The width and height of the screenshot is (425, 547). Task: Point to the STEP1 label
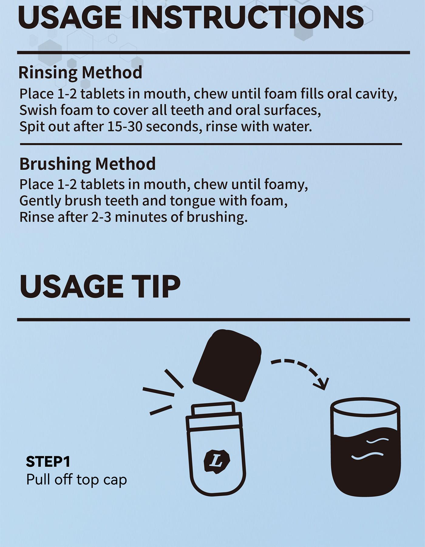[x=48, y=462]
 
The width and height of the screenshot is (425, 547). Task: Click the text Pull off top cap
[x=76, y=480]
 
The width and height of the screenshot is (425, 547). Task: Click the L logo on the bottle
[x=217, y=461]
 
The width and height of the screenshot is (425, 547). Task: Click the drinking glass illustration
[x=365, y=449]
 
